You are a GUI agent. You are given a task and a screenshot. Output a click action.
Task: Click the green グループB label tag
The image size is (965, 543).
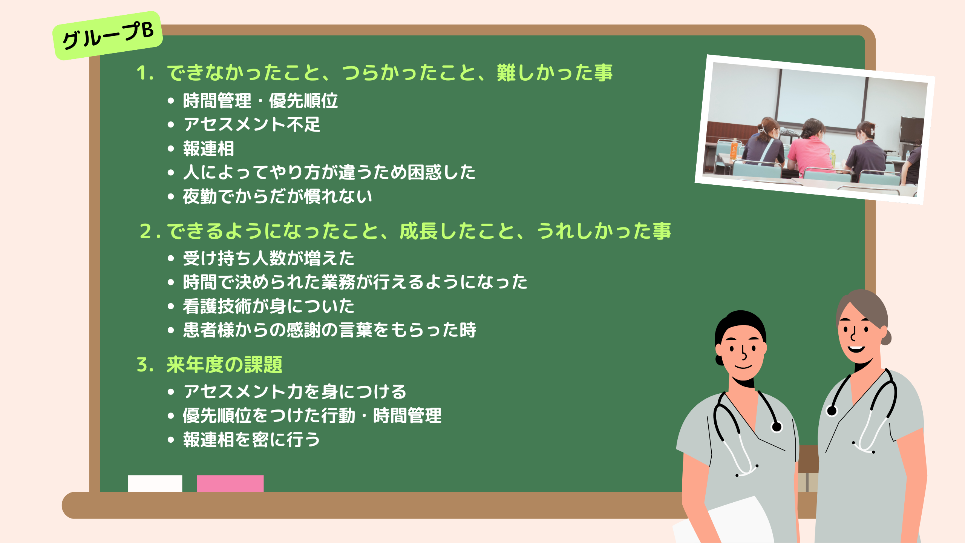(108, 36)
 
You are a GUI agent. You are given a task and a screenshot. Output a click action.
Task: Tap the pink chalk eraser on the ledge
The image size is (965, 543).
(230, 483)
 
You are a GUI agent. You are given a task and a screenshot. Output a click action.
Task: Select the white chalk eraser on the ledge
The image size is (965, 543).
(155, 483)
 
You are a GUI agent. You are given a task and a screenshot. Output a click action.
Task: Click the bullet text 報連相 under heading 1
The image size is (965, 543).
(208, 149)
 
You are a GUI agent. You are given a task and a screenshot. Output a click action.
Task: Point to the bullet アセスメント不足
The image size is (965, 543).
(252, 124)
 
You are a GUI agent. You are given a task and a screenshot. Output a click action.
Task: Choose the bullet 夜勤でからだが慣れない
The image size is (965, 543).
(277, 196)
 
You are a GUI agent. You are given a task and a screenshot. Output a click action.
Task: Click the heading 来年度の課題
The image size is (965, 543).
(224, 365)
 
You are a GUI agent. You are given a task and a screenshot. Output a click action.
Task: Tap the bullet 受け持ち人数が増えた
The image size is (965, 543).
(269, 258)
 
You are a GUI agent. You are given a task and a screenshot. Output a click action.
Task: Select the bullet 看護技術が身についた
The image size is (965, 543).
(269, 306)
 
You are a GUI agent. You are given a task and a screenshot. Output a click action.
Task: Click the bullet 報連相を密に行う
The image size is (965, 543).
(252, 440)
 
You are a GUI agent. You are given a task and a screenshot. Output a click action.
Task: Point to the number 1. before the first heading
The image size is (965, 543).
(145, 73)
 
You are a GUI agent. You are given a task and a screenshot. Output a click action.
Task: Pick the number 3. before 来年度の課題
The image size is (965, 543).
(145, 365)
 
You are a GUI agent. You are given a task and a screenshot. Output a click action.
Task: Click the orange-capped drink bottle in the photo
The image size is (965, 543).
(734, 149)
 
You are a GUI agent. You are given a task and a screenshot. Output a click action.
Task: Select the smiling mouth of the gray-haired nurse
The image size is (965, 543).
(856, 349)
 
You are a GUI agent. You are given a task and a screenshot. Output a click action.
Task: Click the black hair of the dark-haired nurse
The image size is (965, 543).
(741, 321)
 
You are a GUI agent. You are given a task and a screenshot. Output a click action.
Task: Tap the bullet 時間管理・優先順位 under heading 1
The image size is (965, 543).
(260, 101)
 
